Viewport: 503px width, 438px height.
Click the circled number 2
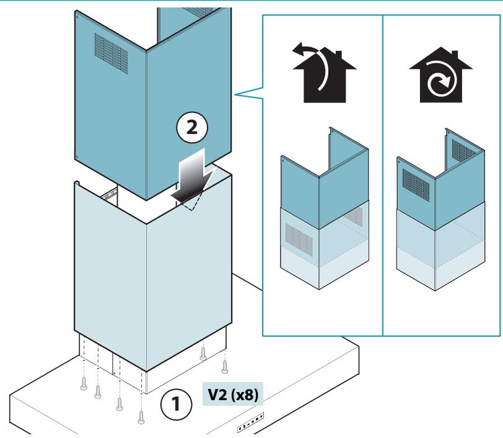pos(192,128)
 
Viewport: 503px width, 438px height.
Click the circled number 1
pos(176,404)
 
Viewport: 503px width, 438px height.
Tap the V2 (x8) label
pos(233,395)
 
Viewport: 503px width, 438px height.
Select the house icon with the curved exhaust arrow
pos(324,73)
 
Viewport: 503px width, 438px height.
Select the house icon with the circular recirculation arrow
pos(441,75)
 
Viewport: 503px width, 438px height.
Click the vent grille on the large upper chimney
pos(111,53)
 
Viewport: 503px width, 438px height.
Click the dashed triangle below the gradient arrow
pos(192,202)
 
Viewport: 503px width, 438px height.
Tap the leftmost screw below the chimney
pos(84,383)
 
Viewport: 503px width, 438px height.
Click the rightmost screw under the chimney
pos(224,367)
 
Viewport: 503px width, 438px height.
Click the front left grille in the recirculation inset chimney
pos(416,185)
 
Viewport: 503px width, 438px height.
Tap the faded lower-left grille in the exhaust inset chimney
pos(299,239)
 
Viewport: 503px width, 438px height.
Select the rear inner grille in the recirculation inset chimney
pos(463,151)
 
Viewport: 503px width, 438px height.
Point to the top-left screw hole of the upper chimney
pos(77,14)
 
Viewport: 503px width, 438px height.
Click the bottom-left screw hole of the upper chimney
pos(77,157)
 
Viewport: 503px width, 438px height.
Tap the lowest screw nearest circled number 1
pos(141,417)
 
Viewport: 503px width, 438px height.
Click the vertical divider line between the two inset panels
pos(383,176)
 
